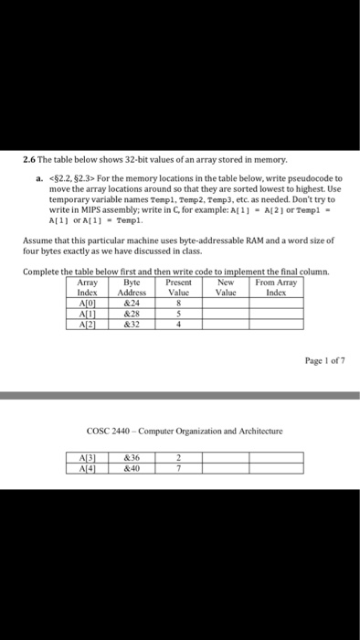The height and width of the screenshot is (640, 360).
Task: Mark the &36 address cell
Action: pos(132,459)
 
